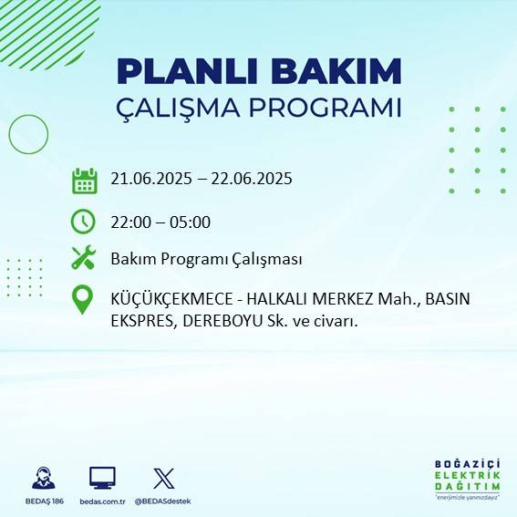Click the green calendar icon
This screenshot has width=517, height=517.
click(84, 181)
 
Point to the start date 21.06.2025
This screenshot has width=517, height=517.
click(151, 179)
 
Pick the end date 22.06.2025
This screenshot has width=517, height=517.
click(252, 179)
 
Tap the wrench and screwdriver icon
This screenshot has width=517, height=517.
click(84, 259)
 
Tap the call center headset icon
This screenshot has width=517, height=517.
click(42, 478)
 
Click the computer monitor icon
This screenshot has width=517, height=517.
click(102, 478)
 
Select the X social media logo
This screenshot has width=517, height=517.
click(163, 478)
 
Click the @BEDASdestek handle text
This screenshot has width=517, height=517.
click(162, 501)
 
